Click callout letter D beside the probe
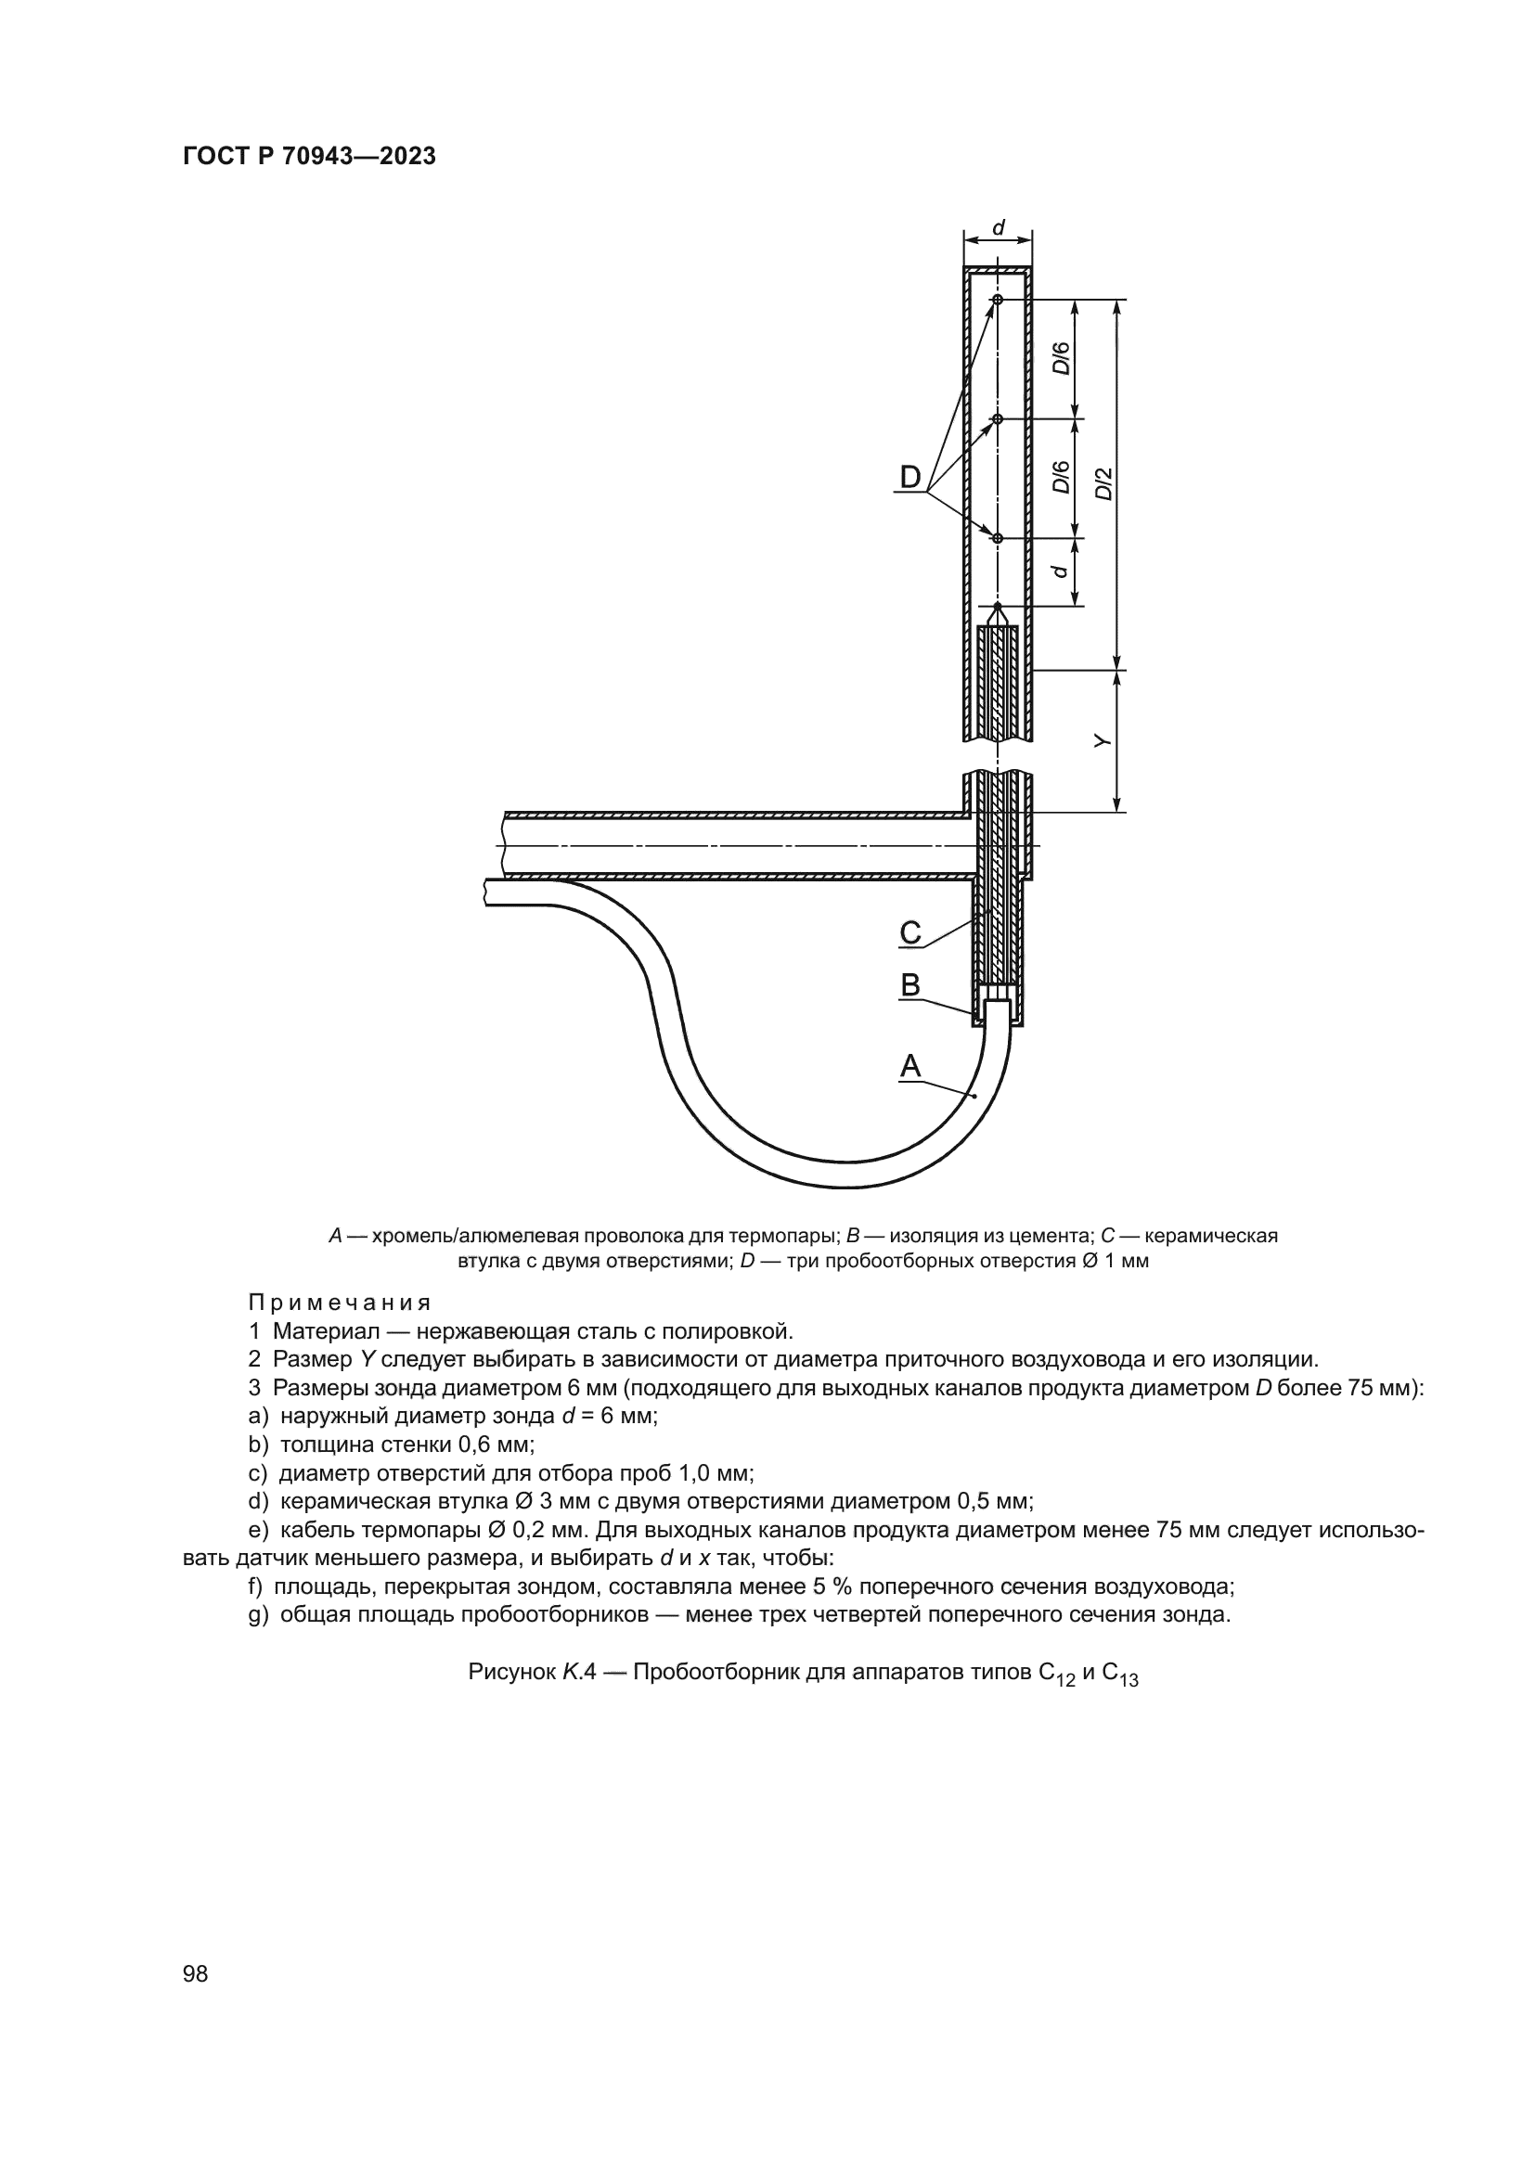[x=909, y=477]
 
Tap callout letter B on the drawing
[x=909, y=986]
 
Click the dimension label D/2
[x=1103, y=484]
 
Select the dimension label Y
[x=1103, y=742]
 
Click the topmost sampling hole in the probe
[x=997, y=300]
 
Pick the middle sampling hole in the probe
[x=997, y=417]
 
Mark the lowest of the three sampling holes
[x=997, y=538]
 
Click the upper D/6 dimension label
[x=1062, y=358]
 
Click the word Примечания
[x=340, y=1303]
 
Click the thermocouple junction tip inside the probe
[x=997, y=606]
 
